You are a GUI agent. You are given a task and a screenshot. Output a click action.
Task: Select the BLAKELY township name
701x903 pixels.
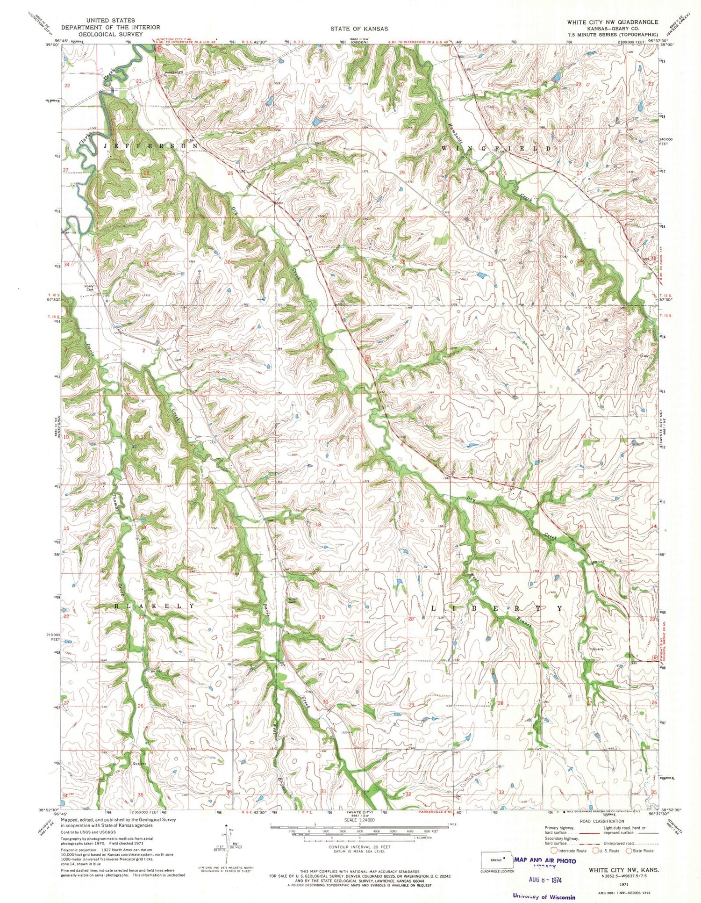(154, 606)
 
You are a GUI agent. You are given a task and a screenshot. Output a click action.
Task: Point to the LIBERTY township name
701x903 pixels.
(495, 609)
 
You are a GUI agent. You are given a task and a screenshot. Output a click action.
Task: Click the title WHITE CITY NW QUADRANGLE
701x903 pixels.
(612, 22)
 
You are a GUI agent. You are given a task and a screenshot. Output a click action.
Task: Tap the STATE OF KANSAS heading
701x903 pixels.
(359, 29)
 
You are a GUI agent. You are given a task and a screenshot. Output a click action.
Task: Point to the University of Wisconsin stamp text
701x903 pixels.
(544, 896)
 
